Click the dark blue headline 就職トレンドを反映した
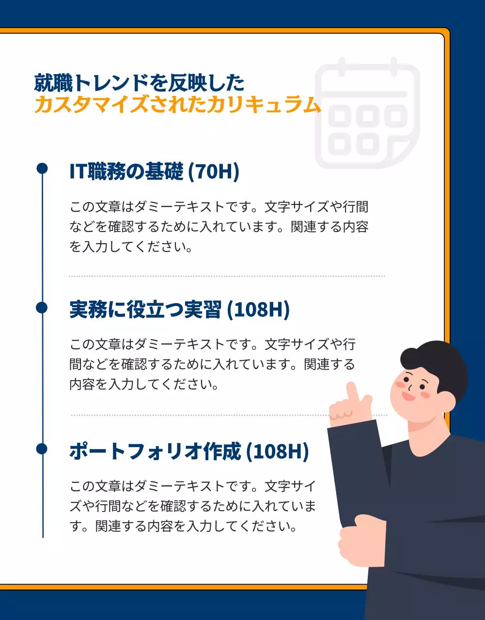click(139, 83)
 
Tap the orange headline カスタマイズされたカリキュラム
click(177, 105)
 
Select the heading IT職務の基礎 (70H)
click(154, 171)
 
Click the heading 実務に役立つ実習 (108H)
click(179, 310)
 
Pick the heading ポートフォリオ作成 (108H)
click(189, 451)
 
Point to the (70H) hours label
click(213, 171)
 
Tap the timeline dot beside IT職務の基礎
click(42, 168)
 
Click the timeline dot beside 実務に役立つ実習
click(42, 308)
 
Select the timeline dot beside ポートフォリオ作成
click(42, 449)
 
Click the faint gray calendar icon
click(367, 114)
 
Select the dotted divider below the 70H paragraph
click(226, 276)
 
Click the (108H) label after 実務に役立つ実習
click(258, 310)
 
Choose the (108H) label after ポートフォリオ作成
click(277, 451)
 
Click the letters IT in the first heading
click(78, 171)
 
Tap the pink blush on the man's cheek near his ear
click(425, 395)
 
